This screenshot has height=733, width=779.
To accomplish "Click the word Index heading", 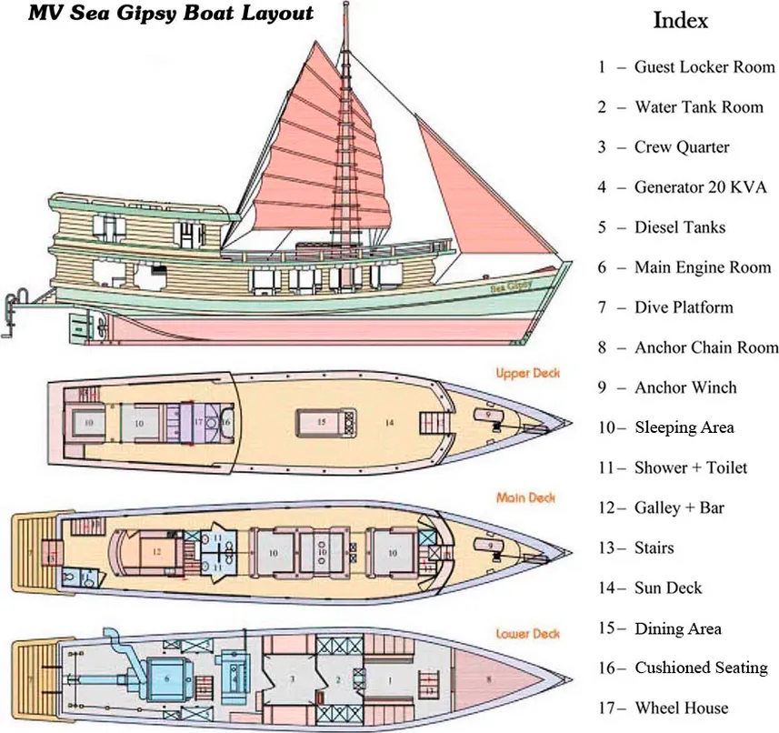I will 681,20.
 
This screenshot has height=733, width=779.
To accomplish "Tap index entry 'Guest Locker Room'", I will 704,66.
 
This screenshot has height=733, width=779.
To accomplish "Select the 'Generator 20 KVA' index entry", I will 700,187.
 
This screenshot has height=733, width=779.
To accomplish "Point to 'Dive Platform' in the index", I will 684,307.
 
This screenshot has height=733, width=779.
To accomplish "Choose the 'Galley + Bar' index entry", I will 679,507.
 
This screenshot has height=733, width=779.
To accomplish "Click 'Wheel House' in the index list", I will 682,708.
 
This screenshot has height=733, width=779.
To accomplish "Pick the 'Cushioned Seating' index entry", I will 701,668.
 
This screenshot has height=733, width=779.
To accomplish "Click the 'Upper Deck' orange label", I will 527,373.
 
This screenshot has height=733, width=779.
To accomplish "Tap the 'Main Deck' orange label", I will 526,497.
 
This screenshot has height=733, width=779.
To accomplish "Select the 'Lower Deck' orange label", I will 527,633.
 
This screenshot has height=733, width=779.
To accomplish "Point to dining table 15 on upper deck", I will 322,422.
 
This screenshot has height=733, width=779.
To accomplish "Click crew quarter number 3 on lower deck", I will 293,678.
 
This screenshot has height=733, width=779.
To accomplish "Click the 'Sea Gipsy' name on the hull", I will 511,286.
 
